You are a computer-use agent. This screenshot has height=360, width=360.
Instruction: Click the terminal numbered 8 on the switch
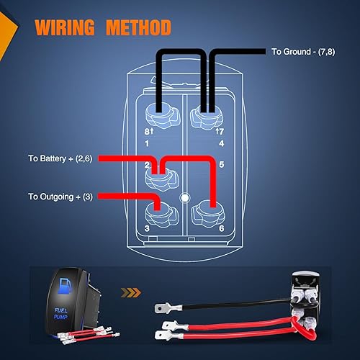(x=158, y=113)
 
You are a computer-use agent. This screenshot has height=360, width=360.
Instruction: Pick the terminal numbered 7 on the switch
(x=209, y=113)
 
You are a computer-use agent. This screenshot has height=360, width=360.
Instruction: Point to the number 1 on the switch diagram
(x=148, y=143)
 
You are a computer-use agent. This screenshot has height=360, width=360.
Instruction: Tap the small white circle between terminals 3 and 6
(x=185, y=197)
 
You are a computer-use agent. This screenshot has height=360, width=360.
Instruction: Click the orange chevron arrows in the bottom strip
(x=130, y=293)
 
